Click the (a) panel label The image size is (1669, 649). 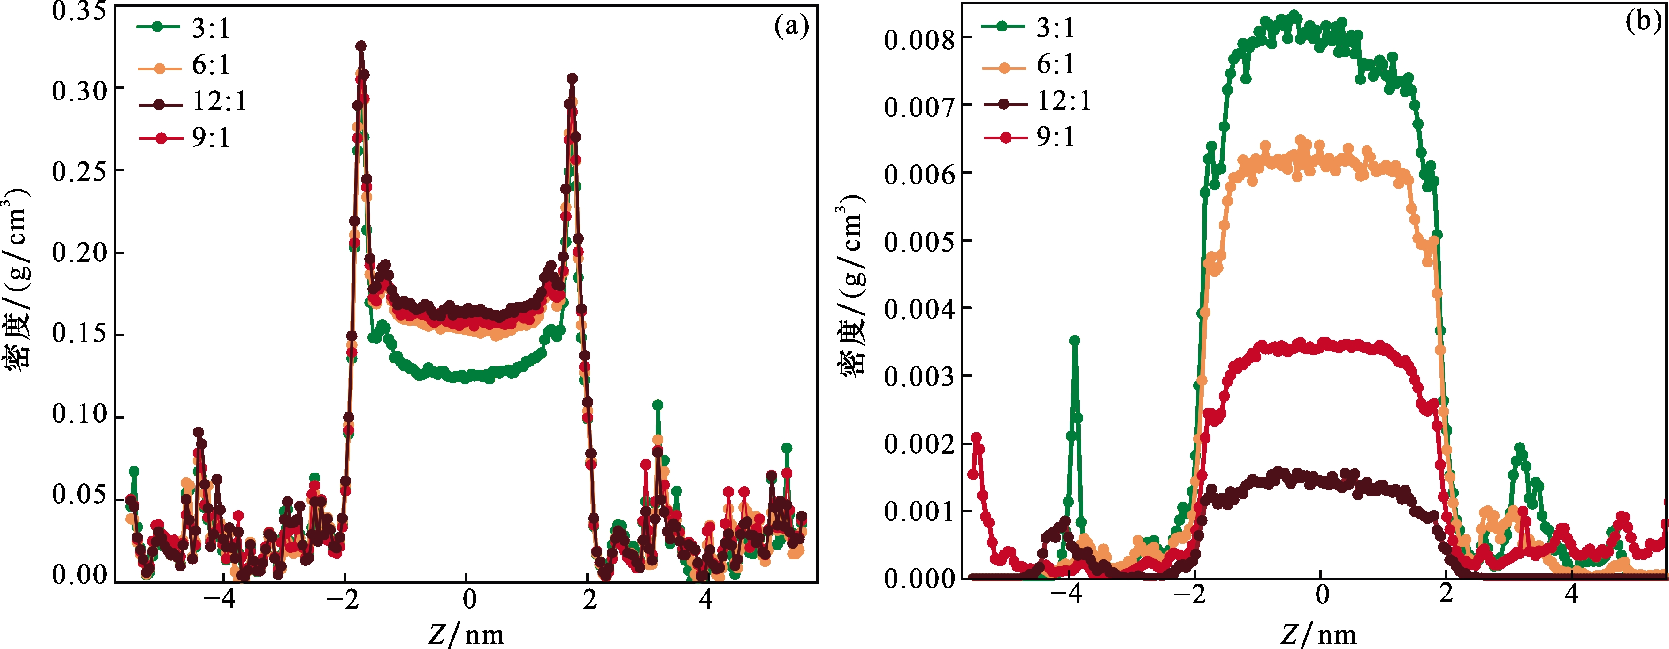coord(791,27)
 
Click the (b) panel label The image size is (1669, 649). coord(1643,22)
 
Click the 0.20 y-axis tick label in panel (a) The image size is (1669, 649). coord(78,252)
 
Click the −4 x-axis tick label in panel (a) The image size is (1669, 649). coord(219,600)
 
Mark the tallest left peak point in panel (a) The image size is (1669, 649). coord(361,46)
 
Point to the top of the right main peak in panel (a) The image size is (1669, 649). coord(572,78)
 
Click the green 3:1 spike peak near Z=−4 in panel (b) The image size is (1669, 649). coord(1074,341)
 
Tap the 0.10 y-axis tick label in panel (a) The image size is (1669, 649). coord(78,414)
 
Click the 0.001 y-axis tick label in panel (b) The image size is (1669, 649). coord(919,512)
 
